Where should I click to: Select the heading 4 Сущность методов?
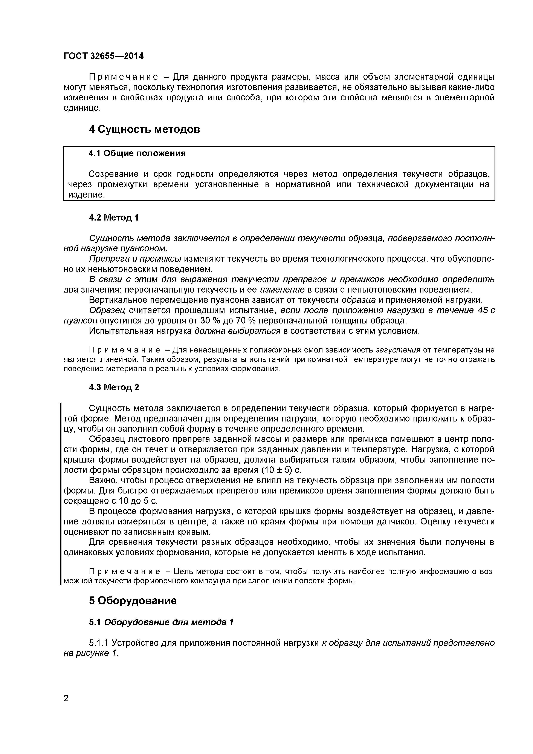click(144, 129)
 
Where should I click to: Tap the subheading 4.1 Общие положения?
click(137, 153)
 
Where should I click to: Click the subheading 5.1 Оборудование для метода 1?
click(161, 622)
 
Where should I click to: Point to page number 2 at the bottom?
click(66, 707)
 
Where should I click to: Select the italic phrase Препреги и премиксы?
click(135, 259)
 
